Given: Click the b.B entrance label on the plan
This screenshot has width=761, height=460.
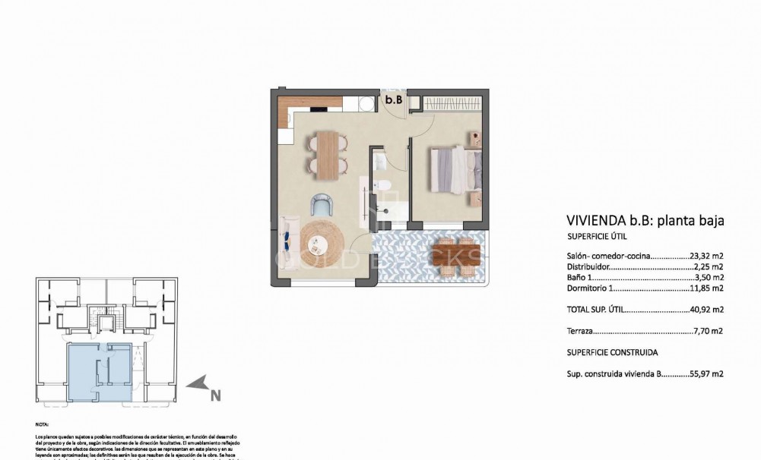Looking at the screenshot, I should pyautogui.click(x=393, y=99).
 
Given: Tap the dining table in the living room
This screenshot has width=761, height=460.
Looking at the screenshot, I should pyautogui.click(x=327, y=155).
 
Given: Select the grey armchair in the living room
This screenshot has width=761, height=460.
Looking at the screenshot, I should pyautogui.click(x=322, y=204).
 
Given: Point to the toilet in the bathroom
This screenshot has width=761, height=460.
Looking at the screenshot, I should pyautogui.click(x=384, y=185).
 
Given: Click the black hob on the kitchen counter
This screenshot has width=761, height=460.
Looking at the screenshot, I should pyautogui.click(x=315, y=103).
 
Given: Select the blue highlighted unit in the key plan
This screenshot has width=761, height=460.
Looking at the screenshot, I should pyautogui.click(x=99, y=372).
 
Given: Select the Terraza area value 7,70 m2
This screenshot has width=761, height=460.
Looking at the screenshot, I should pyautogui.click(x=708, y=331).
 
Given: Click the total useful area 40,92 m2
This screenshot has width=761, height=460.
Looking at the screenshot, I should pyautogui.click(x=708, y=310).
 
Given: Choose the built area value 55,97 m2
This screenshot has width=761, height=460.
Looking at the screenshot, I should pyautogui.click(x=708, y=374).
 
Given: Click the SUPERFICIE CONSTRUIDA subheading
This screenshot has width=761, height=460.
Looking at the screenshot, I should pyautogui.click(x=613, y=353).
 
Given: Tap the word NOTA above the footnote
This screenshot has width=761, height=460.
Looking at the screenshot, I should pyautogui.click(x=43, y=425).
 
